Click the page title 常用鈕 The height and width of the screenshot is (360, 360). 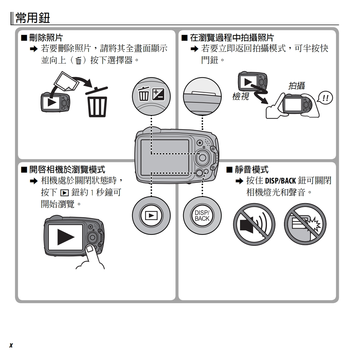(x=33, y=18)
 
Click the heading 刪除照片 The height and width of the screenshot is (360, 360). (x=46, y=38)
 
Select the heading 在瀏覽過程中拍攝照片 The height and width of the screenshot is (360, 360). (x=232, y=38)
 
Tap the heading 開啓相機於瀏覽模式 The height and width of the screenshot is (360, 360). (x=67, y=169)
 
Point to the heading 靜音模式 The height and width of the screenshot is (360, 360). (x=251, y=169)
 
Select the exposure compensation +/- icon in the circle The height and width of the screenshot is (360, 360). (x=158, y=95)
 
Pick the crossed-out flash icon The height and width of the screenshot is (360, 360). (x=305, y=224)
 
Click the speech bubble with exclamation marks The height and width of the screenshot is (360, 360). (x=325, y=98)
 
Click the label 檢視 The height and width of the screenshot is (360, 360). (x=240, y=96)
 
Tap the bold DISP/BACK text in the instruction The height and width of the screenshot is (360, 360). (x=280, y=181)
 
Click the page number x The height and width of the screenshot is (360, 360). (x=11, y=345)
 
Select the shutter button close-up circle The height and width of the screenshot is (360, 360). (x=202, y=95)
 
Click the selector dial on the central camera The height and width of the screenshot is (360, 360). (x=202, y=157)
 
